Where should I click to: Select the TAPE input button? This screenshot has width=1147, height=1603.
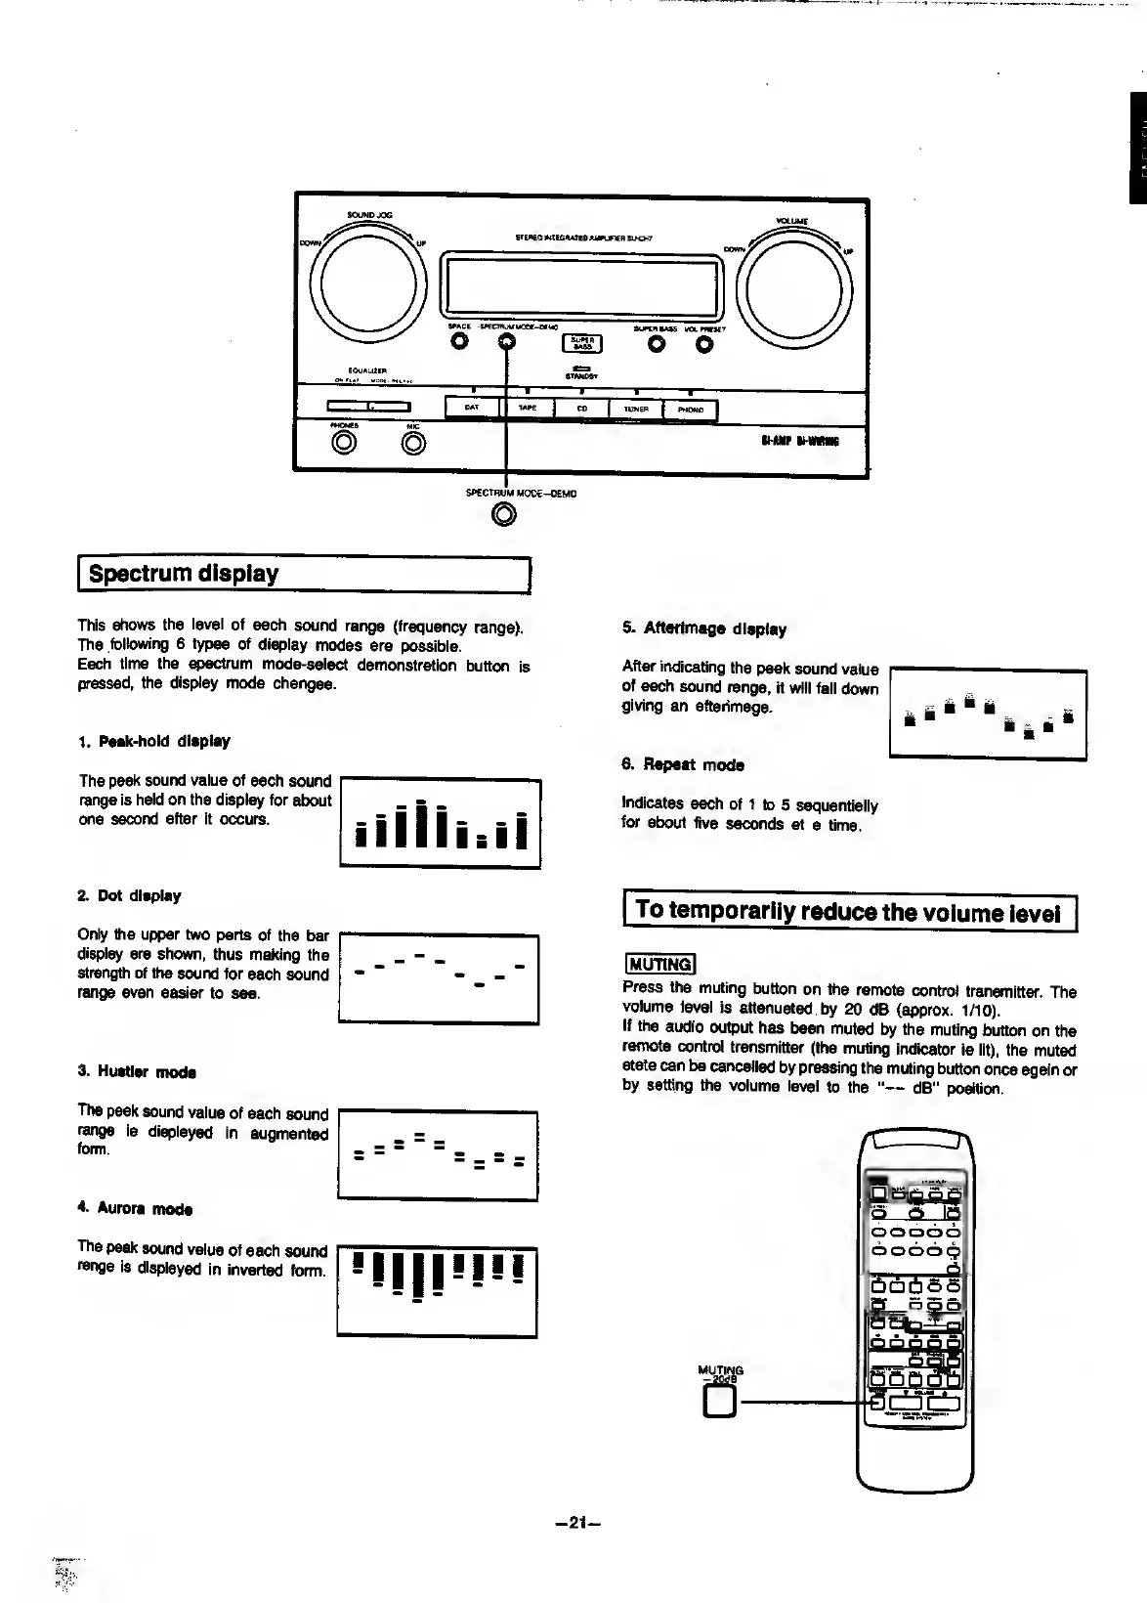pos(527,409)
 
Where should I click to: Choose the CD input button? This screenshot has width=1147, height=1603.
pos(581,409)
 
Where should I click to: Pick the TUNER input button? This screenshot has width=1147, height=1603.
pos(635,410)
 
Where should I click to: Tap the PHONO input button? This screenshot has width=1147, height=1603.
pos(690,410)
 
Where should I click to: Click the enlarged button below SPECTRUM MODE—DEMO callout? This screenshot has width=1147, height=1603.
pos(504,514)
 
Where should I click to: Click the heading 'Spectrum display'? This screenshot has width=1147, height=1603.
pos(184,574)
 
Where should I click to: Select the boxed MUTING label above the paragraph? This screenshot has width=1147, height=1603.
pos(659,964)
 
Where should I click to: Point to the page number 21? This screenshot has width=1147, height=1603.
pos(575,1522)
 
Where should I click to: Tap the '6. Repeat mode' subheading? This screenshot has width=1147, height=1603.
pos(683,765)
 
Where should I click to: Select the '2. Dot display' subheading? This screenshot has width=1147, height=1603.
pos(129,895)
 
